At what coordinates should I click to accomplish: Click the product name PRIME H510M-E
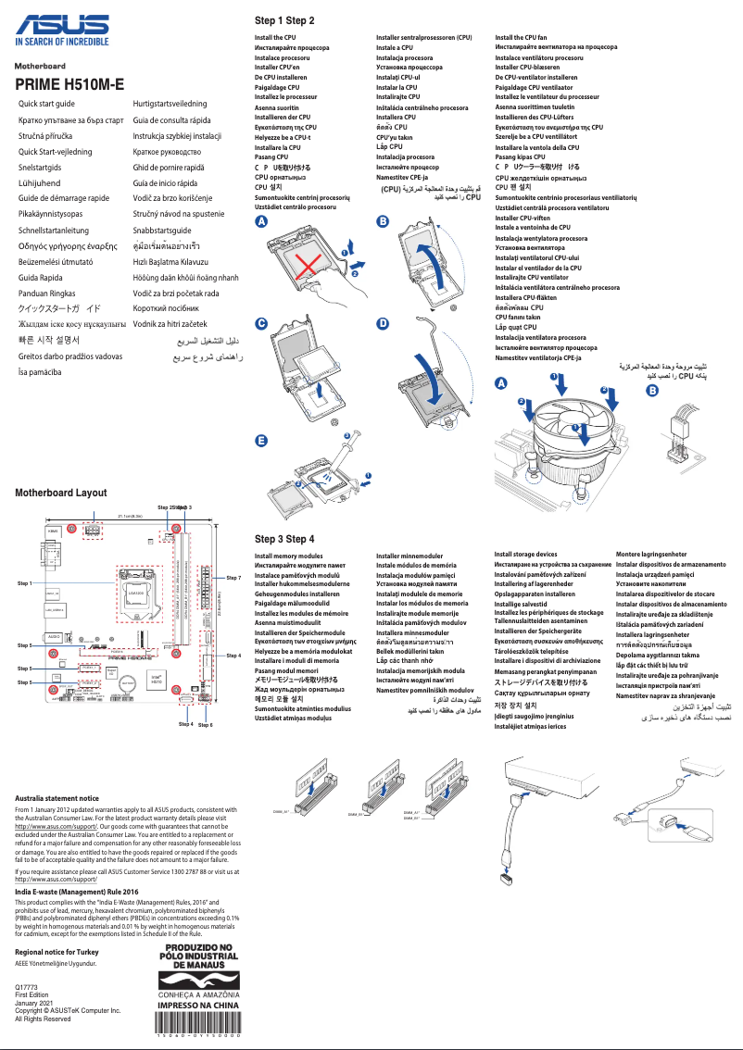coord(69,85)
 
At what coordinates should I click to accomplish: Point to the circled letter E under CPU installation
coord(261,441)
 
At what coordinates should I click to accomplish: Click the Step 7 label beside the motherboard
coord(233,578)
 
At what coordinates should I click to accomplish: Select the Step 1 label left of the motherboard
coord(25,584)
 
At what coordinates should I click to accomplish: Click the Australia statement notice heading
coord(57,797)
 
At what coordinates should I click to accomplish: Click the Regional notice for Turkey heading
coord(57,952)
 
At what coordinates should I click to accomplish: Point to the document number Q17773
coord(27,988)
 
